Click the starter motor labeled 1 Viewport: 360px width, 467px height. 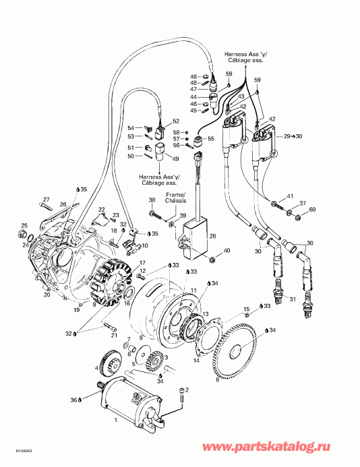(128, 404)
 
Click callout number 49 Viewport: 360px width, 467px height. (175, 159)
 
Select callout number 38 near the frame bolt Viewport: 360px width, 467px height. (152, 201)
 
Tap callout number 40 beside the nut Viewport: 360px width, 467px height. (227, 251)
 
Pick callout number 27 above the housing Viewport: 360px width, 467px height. (47, 199)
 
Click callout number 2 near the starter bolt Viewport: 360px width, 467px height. (187, 390)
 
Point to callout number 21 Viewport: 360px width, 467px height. (114, 336)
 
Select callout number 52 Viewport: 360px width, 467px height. (176, 121)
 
